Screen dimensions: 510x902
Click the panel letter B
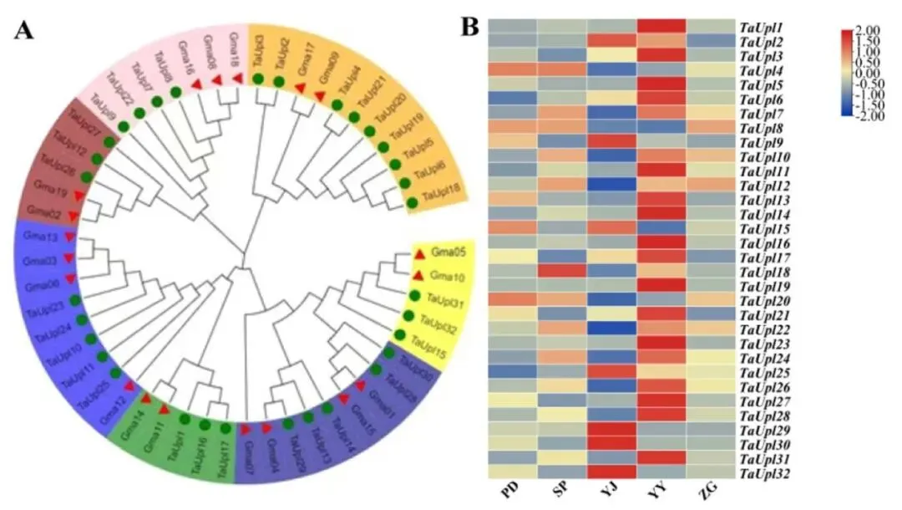point(470,27)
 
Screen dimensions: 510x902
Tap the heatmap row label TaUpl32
point(763,474)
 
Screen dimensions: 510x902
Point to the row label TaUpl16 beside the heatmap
point(763,242)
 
